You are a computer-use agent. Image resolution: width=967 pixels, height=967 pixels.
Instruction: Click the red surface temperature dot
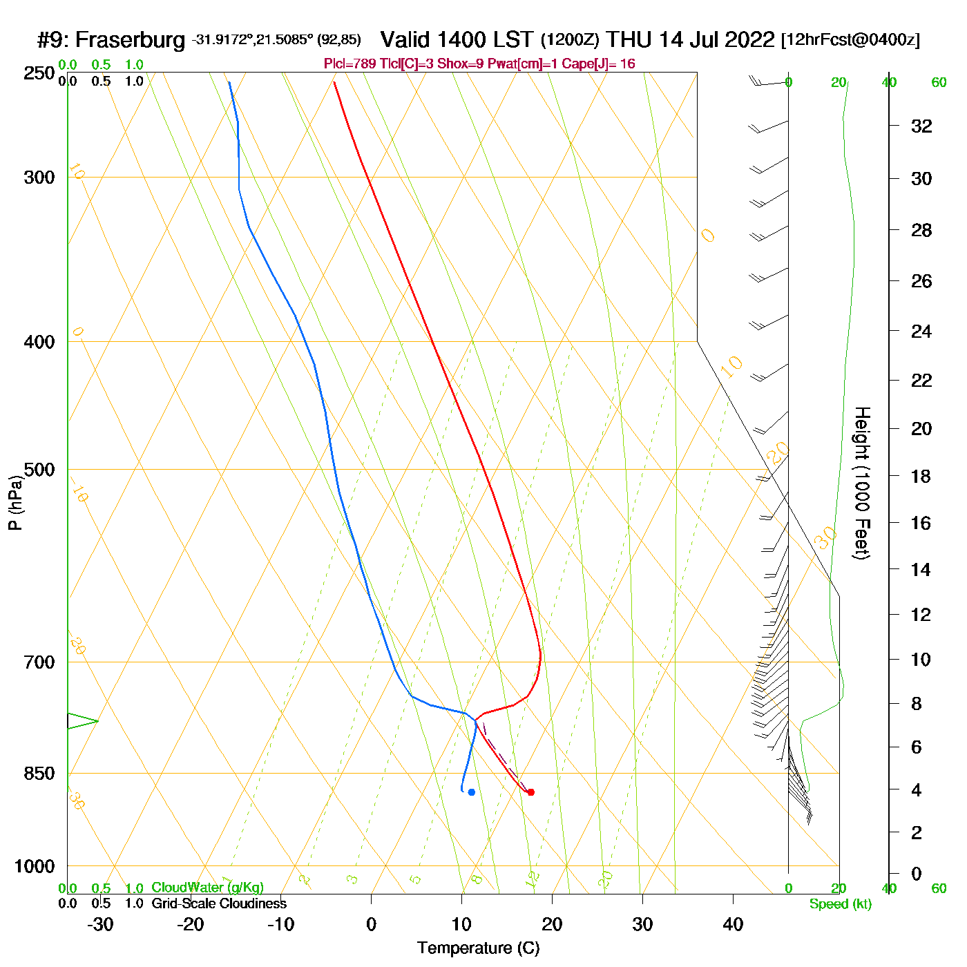530,792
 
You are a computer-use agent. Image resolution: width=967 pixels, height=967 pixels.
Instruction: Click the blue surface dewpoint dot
472,792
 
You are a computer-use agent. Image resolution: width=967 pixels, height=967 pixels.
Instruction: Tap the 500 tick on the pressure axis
39,470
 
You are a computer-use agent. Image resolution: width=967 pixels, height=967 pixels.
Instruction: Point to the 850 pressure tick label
39,774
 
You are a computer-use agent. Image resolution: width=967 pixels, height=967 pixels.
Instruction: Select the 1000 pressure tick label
35,866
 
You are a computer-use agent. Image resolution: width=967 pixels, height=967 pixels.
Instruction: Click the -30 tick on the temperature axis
100,924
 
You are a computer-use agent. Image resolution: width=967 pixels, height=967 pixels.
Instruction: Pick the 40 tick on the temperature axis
733,924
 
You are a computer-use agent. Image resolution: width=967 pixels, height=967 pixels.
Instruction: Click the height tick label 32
921,126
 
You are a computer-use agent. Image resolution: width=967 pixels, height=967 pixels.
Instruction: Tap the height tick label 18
921,476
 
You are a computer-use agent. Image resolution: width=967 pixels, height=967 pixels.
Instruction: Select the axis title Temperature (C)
478,948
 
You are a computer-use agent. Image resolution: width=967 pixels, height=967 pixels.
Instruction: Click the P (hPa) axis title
15,502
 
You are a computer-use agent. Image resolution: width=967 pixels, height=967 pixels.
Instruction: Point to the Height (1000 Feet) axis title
862,483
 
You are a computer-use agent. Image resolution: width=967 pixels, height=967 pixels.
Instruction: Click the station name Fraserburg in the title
130,40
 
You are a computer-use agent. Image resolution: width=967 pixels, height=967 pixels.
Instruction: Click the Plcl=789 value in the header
350,64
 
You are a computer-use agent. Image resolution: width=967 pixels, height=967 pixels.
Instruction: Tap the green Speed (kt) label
840,904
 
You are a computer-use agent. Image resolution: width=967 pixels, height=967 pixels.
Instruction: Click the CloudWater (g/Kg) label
207,888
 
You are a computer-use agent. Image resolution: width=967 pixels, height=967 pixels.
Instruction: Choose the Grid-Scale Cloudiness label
219,903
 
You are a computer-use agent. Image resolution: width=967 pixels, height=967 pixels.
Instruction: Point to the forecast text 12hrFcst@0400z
850,40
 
